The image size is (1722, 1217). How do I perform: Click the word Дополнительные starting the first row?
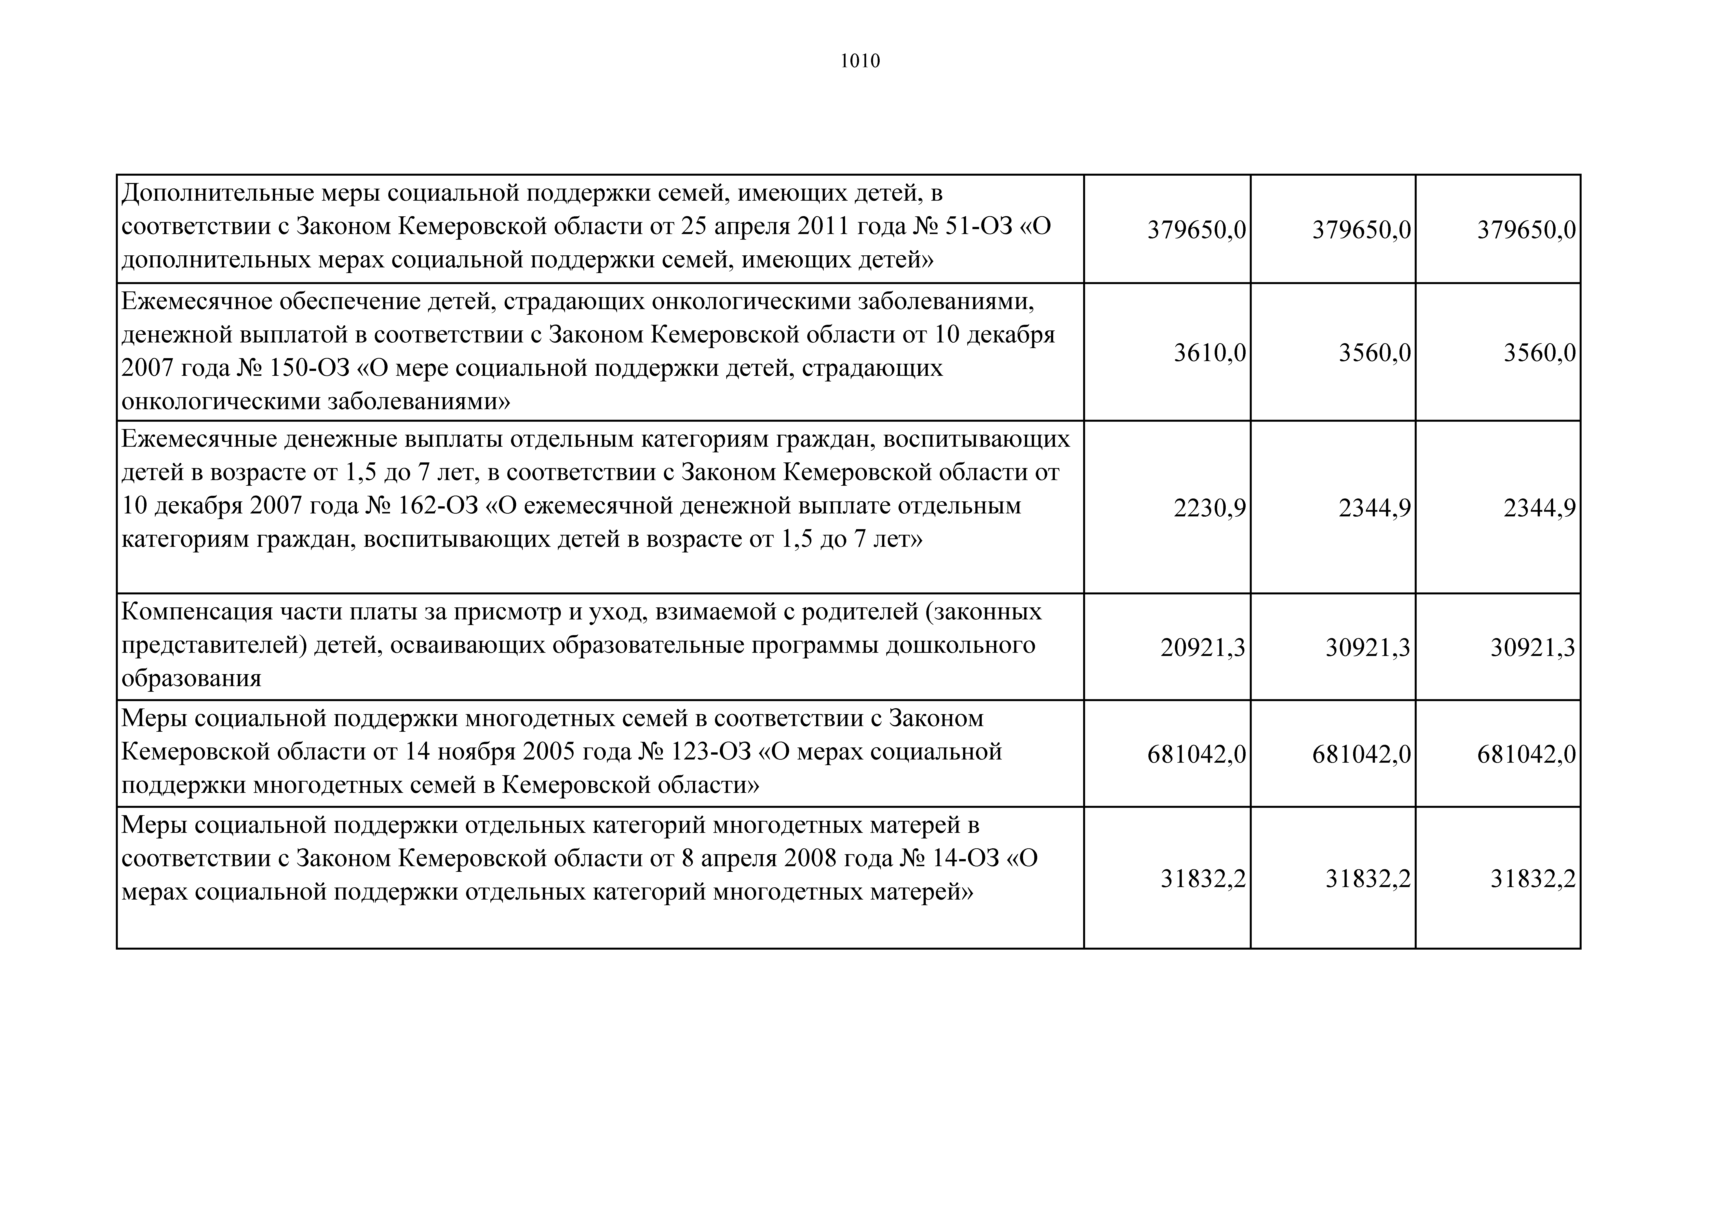[x=217, y=194]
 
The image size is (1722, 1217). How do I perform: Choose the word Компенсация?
[x=197, y=612]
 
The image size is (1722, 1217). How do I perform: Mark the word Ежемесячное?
[x=197, y=301]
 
